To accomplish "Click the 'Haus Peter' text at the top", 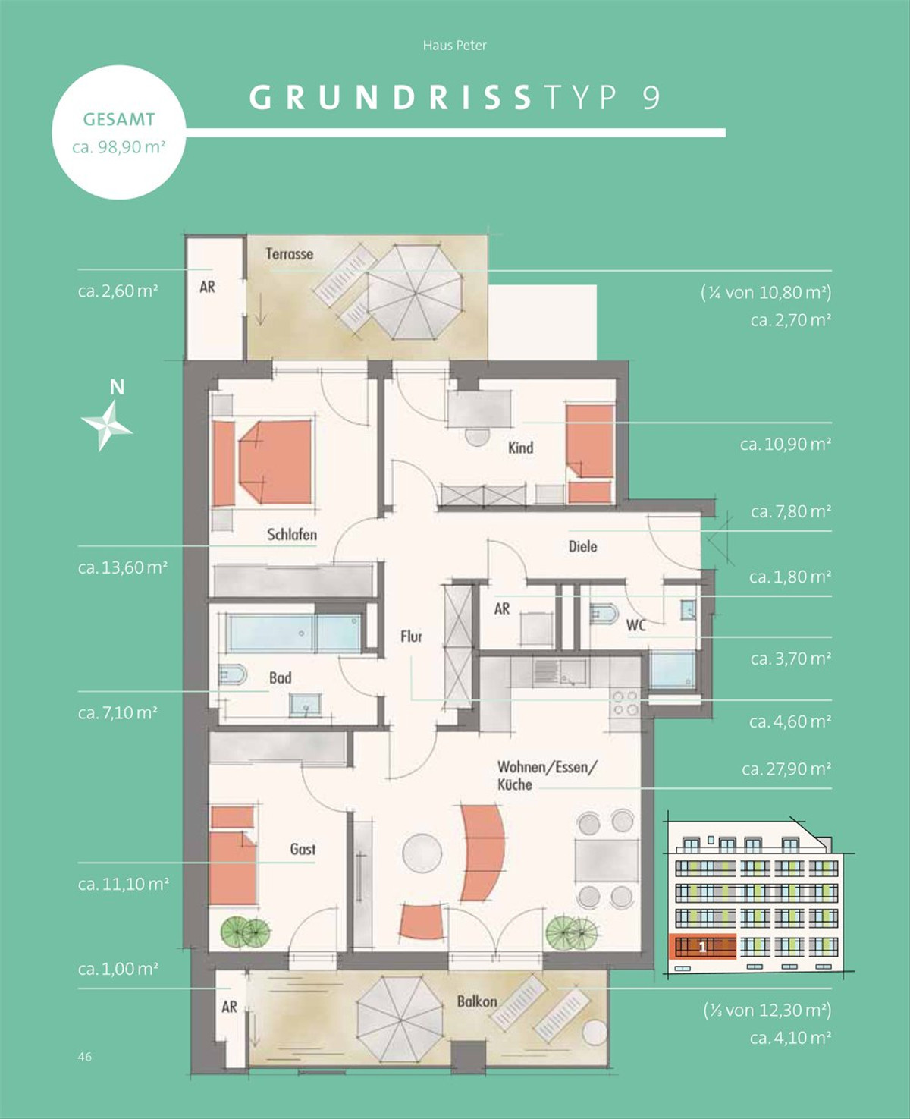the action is (455, 46).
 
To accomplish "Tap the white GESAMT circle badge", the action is (118, 133).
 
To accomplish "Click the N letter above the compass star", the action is (117, 387).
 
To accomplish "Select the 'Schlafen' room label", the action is (292, 535).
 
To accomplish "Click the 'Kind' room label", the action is (520, 448).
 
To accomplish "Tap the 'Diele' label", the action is (582, 546).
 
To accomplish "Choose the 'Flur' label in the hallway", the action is (411, 637).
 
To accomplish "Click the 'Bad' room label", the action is (281, 677).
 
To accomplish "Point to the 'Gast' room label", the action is (303, 849).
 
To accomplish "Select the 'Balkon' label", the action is (477, 1001).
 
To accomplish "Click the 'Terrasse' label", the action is (290, 253).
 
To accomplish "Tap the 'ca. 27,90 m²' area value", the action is (786, 769).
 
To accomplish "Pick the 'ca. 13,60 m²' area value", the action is (123, 567).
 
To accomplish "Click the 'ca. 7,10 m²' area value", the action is (118, 713).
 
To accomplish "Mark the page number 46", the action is (84, 1057).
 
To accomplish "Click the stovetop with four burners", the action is (625, 703).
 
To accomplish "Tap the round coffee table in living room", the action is (422, 854).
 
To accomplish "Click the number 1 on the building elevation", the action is (702, 948).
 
